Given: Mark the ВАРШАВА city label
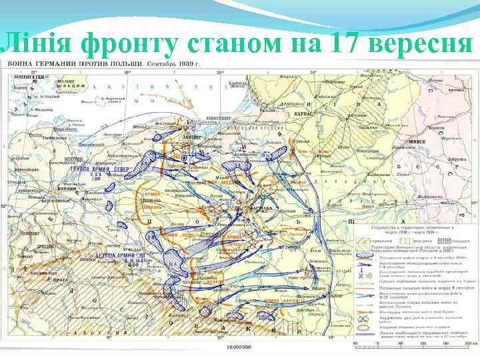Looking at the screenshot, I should click(261, 207).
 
